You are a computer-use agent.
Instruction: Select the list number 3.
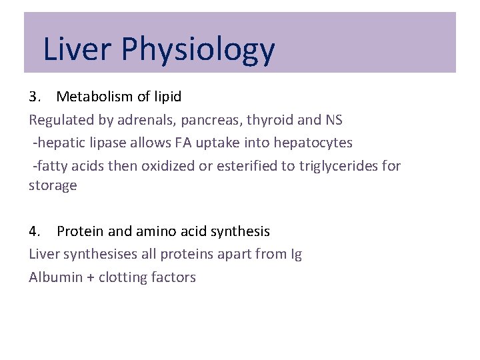34,97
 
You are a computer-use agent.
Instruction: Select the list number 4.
34,231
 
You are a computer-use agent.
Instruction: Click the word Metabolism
95,97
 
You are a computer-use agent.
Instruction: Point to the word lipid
167,97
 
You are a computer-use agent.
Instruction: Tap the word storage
53,185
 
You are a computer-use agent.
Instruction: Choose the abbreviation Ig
297,255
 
